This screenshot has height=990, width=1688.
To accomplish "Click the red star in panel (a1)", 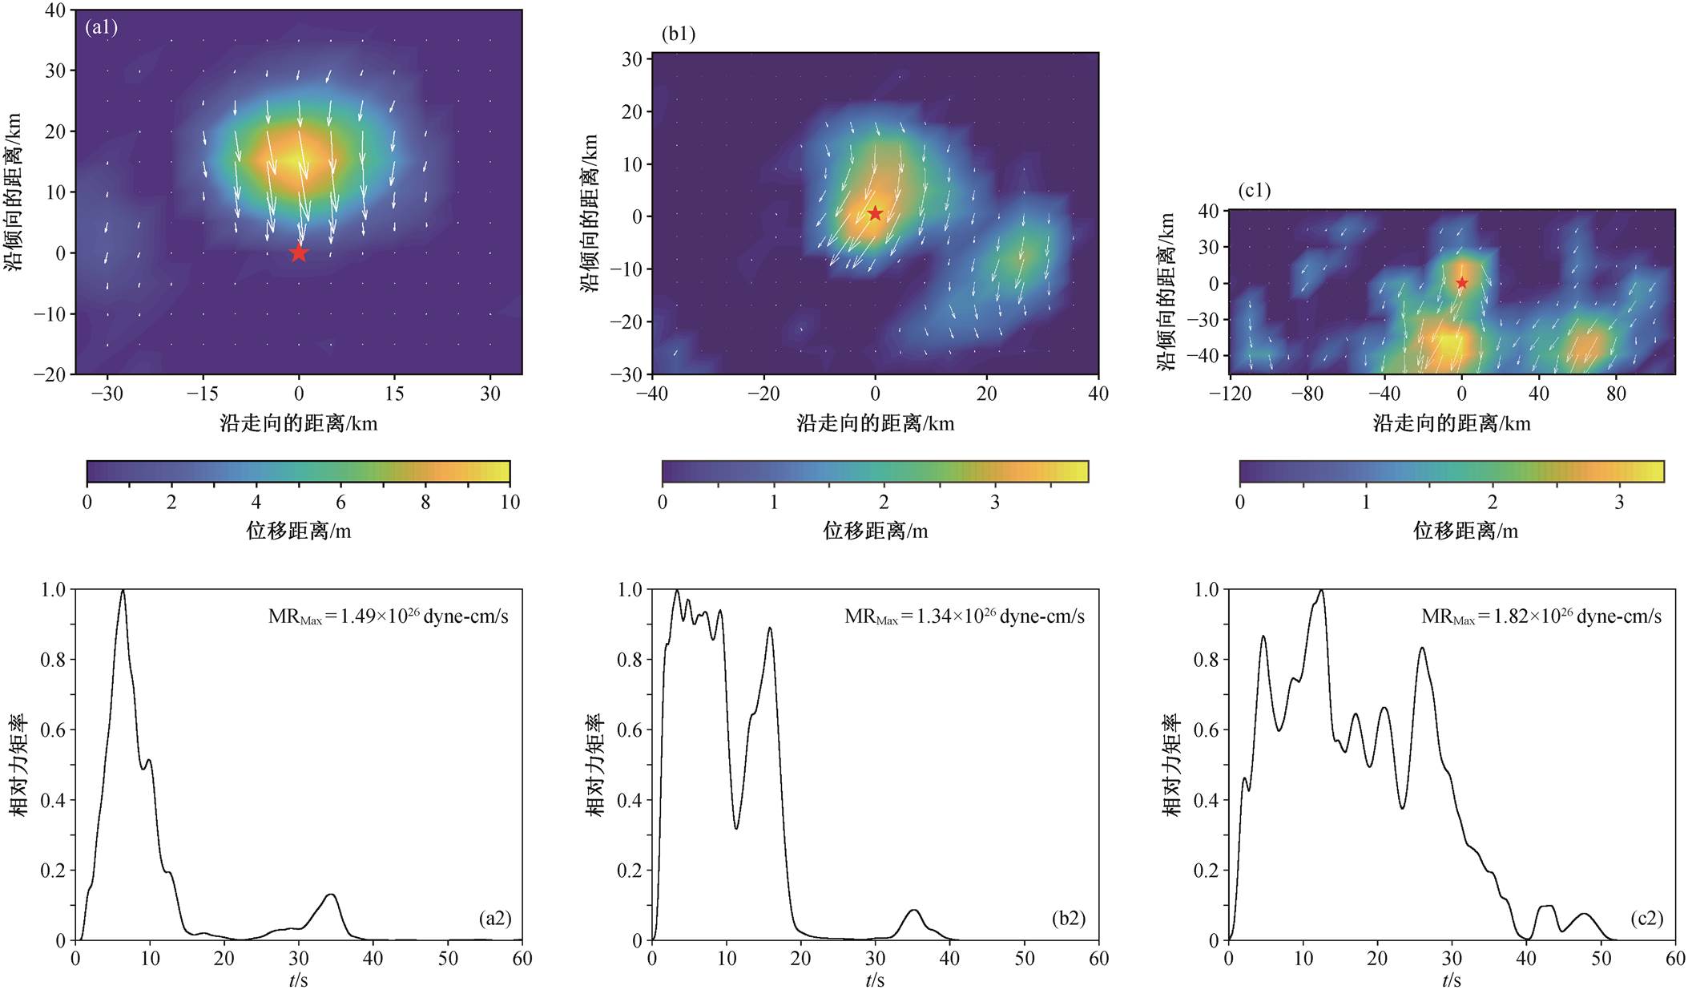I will (x=298, y=253).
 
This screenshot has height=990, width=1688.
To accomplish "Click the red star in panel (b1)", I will (x=875, y=213).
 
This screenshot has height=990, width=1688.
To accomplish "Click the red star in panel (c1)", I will (x=1461, y=283).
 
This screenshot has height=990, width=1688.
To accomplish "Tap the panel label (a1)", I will (x=102, y=27).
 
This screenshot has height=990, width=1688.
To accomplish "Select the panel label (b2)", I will (x=1069, y=918).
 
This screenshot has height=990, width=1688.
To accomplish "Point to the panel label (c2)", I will (x=1646, y=918).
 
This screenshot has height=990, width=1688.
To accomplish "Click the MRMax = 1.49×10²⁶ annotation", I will (x=388, y=616).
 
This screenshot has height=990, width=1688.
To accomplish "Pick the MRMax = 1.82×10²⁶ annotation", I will (x=1541, y=616).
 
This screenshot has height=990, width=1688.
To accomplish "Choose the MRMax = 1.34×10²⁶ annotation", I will (x=965, y=616).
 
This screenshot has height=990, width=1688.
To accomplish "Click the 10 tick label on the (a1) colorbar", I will (x=510, y=503).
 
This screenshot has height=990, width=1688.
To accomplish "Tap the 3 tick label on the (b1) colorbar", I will (x=994, y=503).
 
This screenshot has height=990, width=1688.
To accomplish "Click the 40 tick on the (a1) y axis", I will (x=55, y=10).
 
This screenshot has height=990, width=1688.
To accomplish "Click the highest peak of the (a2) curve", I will (x=123, y=591).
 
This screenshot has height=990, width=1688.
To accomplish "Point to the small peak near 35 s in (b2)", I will (x=913, y=910).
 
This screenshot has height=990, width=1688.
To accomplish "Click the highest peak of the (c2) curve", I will (x=1320, y=591).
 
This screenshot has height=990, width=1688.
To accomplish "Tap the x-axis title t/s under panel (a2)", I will (x=298, y=980).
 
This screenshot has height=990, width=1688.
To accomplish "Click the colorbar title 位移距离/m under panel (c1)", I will (x=1465, y=531).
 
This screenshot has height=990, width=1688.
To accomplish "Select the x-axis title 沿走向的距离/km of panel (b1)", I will (x=875, y=423).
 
